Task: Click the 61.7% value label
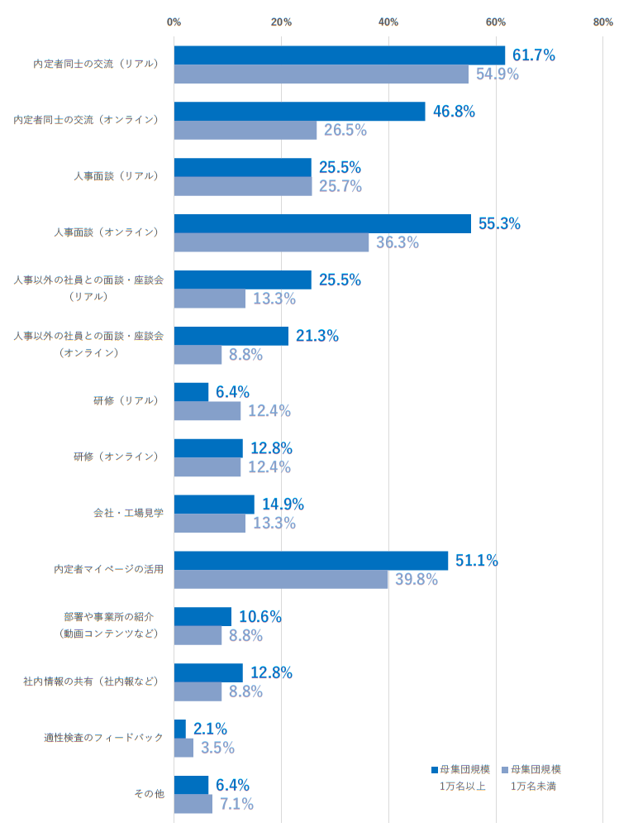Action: (x=533, y=55)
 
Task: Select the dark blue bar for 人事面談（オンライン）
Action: (x=322, y=223)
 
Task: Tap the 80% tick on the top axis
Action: (x=602, y=22)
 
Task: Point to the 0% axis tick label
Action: (x=174, y=22)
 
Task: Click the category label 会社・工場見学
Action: (x=128, y=513)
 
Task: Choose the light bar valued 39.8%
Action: (x=281, y=579)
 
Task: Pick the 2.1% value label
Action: (x=210, y=729)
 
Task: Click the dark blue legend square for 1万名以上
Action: (x=434, y=769)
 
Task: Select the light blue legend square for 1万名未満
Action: (x=505, y=769)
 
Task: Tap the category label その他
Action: (x=149, y=794)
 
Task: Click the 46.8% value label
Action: (x=454, y=112)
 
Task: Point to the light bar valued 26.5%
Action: (x=245, y=131)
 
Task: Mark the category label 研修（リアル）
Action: (x=126, y=400)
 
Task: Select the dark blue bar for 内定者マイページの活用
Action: (x=311, y=561)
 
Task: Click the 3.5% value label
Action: (x=217, y=748)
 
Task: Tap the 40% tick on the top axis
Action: (x=388, y=22)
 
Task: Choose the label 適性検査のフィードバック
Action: (x=104, y=737)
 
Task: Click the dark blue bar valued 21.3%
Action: (x=231, y=336)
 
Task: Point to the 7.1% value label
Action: (x=236, y=804)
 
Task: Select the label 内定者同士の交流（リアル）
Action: (x=96, y=64)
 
